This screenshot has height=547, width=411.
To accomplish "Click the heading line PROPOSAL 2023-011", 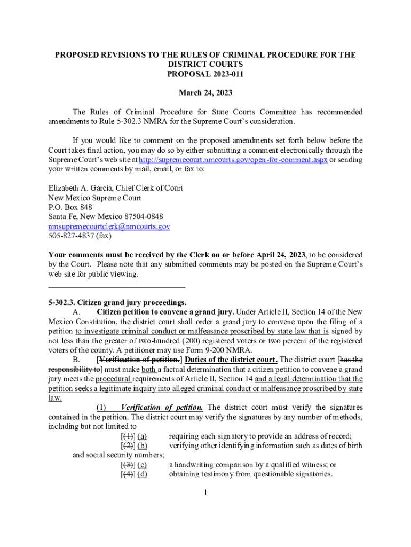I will [205, 73].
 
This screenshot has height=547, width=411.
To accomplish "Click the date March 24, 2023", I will [205, 93].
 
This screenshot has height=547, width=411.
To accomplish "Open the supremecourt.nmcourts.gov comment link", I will [233, 160].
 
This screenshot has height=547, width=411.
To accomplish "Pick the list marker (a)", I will [142, 436].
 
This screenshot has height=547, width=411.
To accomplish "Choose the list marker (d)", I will [142, 474].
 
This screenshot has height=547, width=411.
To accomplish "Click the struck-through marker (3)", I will [128, 465].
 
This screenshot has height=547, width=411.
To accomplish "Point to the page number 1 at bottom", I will [205, 493].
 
